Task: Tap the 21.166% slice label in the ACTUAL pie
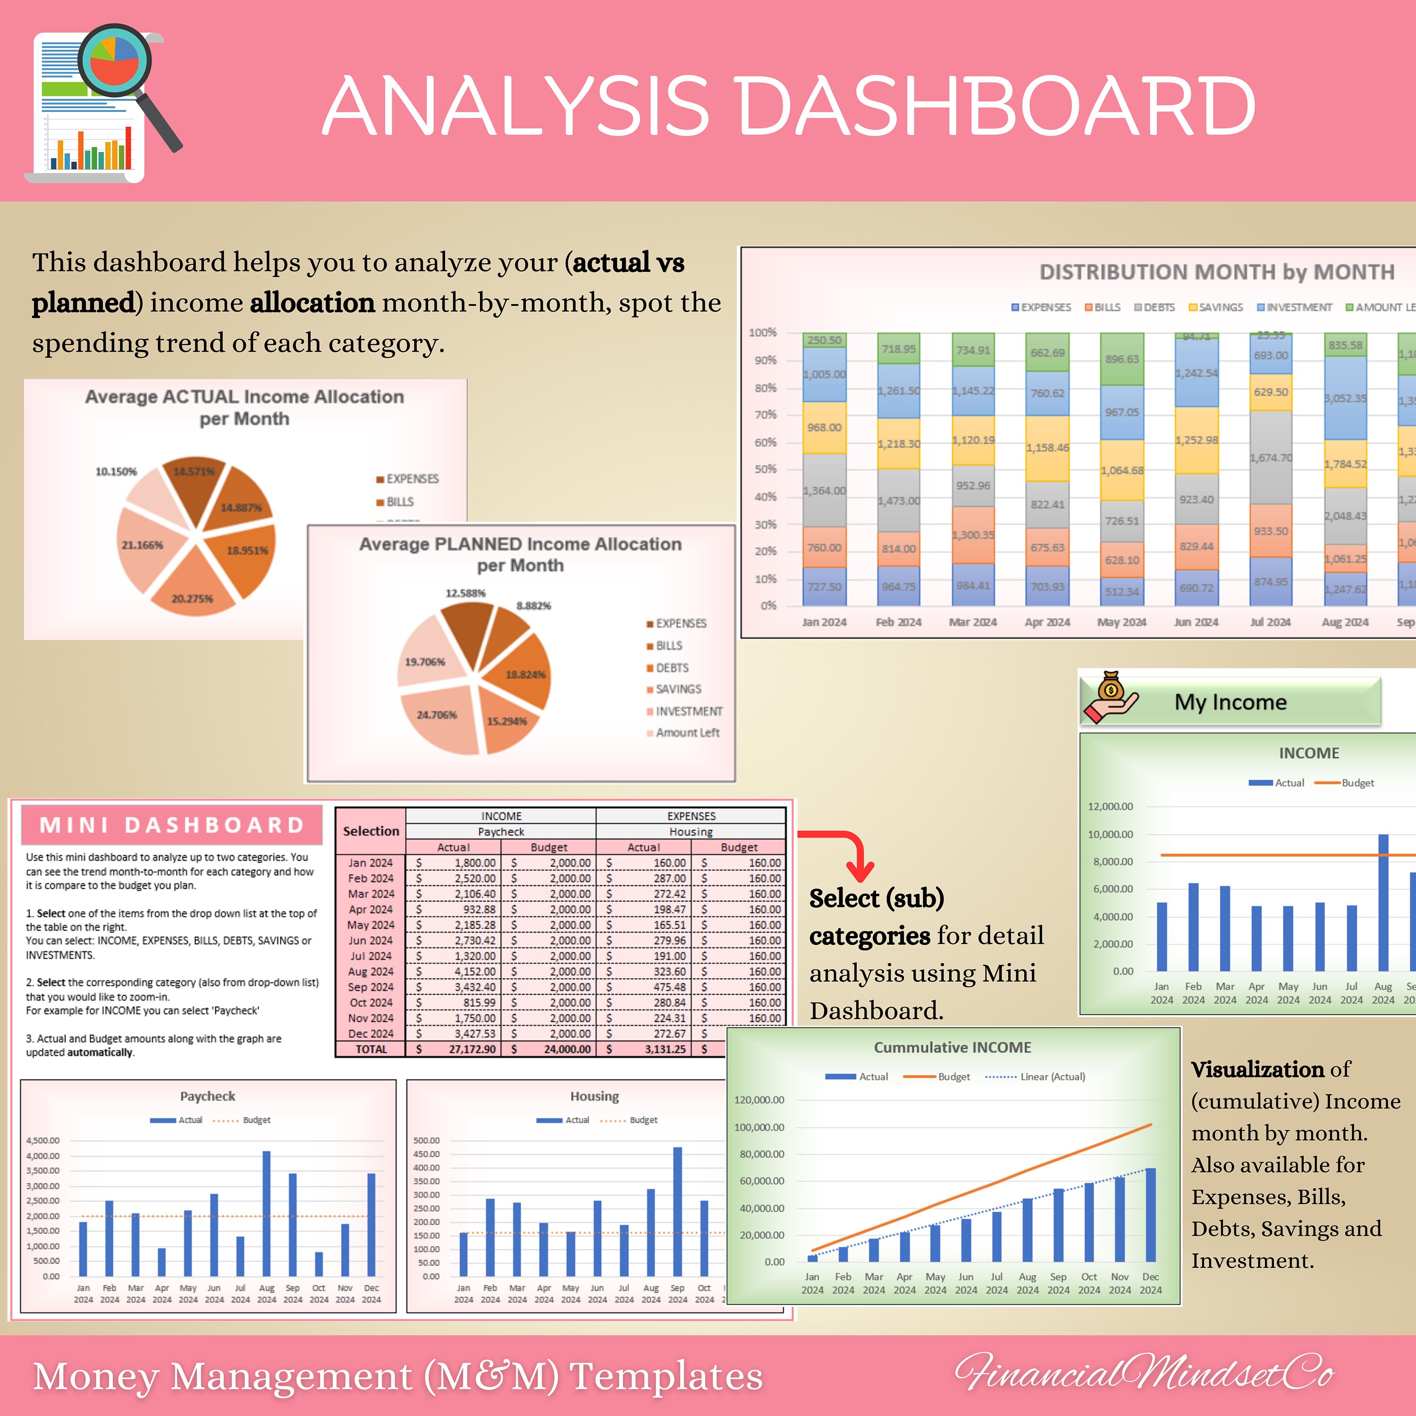click(x=142, y=545)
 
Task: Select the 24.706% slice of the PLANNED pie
click(x=438, y=716)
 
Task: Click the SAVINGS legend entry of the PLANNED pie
click(x=677, y=689)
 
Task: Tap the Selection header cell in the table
click(x=371, y=831)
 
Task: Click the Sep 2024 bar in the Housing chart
click(x=677, y=1212)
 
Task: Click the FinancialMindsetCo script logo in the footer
click(x=1143, y=1372)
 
